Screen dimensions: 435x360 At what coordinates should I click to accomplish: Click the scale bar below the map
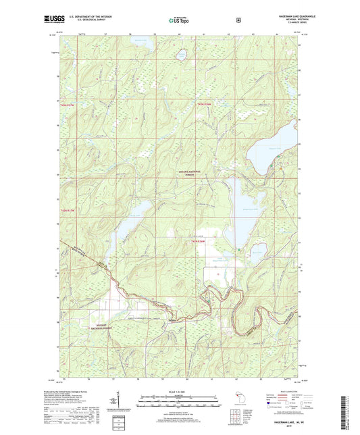pos(180,397)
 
